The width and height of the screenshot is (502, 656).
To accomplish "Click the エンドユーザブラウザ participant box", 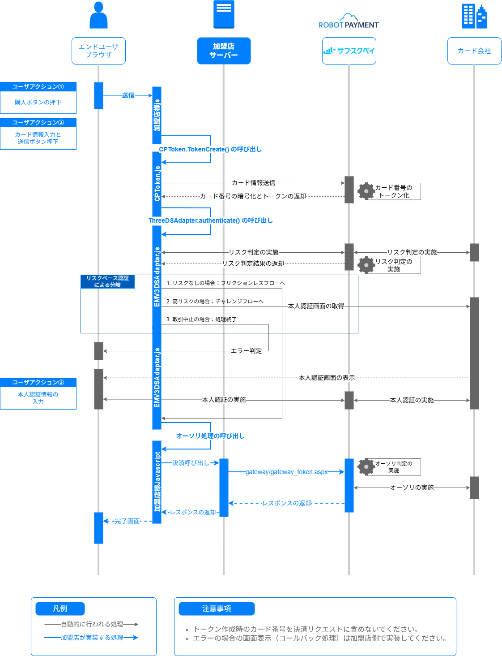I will pos(98,51).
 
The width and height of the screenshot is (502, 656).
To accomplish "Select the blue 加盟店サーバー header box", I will pos(224,51).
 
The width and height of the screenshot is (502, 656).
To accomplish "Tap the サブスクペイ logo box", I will pos(349,51).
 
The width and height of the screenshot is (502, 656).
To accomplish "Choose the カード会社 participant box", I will pos(474,51).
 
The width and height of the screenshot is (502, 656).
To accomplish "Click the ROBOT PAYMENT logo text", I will pos(349,25).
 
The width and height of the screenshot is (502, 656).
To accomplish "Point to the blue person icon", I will pos(98,15).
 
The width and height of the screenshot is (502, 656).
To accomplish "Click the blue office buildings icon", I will pos(474,16).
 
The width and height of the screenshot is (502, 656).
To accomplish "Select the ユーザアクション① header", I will pos(38,86).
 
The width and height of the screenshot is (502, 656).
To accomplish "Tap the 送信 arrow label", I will pos(128,95).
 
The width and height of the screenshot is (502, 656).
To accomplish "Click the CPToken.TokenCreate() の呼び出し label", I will pos(210,149).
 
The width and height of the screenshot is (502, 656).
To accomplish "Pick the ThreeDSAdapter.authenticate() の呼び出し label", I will pos(210,220).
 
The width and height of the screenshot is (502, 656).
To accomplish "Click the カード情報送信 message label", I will pos(253,183).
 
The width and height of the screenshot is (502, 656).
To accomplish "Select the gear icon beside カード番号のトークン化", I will pos(366,191).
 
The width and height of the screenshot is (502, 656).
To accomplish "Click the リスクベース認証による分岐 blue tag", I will pos(107,281).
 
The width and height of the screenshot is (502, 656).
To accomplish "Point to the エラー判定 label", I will pos(246,351).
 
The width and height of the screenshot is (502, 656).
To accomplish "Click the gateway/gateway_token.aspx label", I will pos(286,472).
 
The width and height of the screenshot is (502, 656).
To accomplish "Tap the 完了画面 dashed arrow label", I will pos(127,521).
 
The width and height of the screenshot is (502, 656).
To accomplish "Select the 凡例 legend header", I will pos(60,609).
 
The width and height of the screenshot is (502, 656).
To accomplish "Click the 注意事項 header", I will pos(217,609).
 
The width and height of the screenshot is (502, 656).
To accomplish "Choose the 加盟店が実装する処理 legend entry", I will pos(92,638).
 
